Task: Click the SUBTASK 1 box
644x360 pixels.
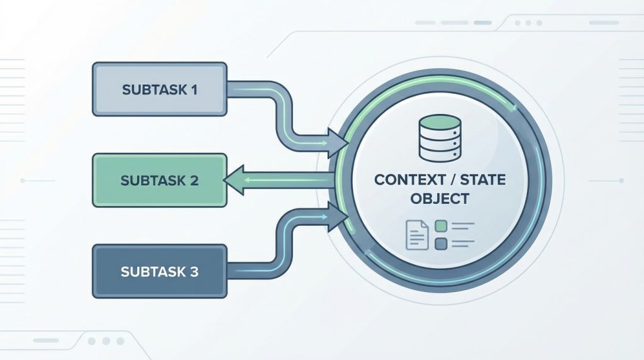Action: (x=159, y=89)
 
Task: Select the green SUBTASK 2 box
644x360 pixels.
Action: (x=159, y=180)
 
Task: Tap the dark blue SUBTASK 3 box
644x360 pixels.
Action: (x=159, y=272)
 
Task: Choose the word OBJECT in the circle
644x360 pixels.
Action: (x=440, y=199)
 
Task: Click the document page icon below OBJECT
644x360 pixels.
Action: (x=416, y=234)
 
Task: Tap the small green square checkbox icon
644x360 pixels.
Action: (x=441, y=226)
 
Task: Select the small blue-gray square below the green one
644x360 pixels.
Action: (x=441, y=242)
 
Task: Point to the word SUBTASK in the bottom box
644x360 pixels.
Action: (x=148, y=273)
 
